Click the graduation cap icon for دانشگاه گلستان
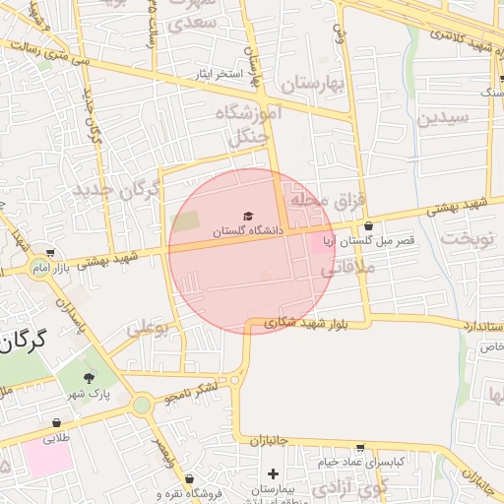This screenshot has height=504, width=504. [247, 215]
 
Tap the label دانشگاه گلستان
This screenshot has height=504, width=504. [248, 230]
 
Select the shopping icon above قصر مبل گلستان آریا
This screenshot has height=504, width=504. [368, 226]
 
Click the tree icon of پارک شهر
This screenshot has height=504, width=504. [90, 377]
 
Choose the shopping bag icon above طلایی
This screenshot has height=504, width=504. [55, 424]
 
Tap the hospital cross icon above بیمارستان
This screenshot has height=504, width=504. [273, 474]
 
